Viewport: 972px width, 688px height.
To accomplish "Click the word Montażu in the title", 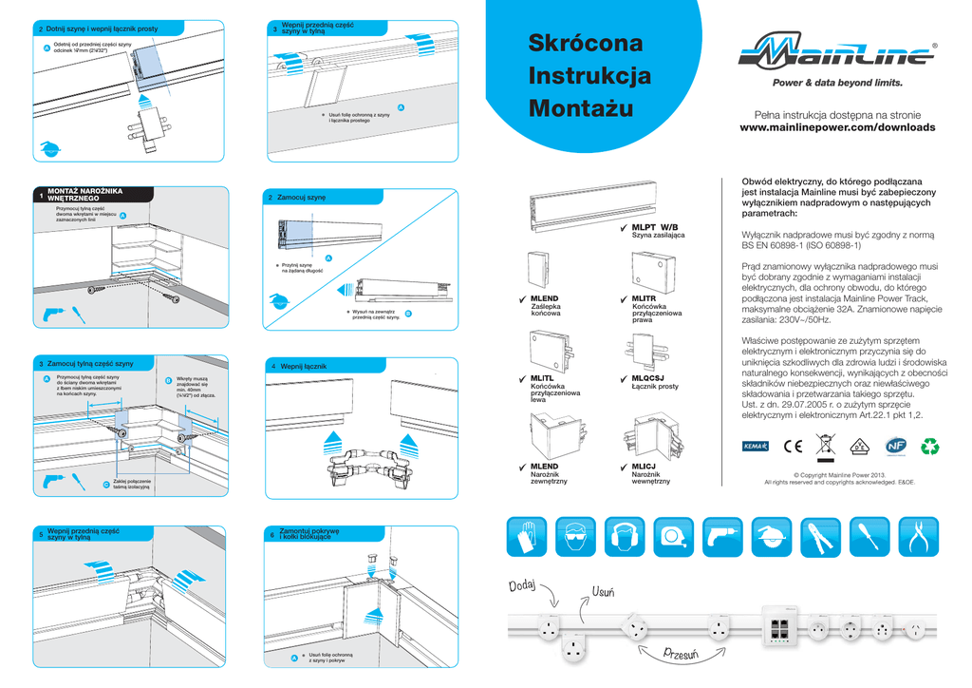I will pyautogui.click(x=580, y=107).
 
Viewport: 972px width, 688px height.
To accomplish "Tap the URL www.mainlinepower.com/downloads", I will pyautogui.click(x=836, y=127).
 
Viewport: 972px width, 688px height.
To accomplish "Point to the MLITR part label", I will pyautogui.click(x=644, y=298).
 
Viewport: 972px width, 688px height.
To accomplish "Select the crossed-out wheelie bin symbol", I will pyautogui.click(x=826, y=443).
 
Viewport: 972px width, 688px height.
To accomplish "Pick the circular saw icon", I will pyautogui.click(x=771, y=539).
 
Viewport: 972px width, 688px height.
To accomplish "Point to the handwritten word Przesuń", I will pyautogui.click(x=682, y=652).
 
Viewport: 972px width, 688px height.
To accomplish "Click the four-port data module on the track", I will pyautogui.click(x=780, y=627).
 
